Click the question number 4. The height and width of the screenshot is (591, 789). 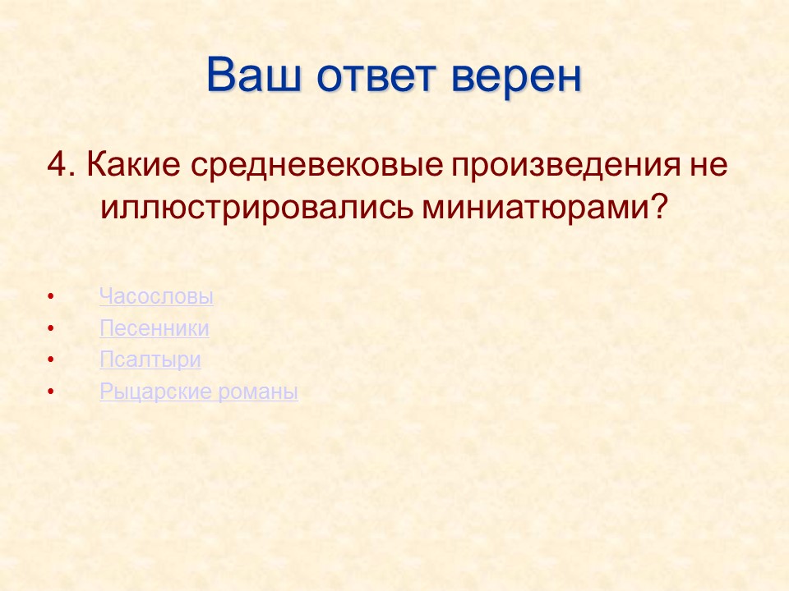(60, 164)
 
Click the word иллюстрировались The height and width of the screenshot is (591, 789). (256, 207)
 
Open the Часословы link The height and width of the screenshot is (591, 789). (156, 296)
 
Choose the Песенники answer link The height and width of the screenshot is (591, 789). (154, 328)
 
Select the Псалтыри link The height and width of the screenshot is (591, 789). (150, 360)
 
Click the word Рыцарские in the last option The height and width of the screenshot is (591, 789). (156, 392)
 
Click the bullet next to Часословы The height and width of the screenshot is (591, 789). (52, 297)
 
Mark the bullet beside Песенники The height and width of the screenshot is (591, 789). (52, 329)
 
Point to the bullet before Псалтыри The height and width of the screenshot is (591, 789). (52, 360)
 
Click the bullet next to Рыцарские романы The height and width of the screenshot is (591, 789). (52, 392)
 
